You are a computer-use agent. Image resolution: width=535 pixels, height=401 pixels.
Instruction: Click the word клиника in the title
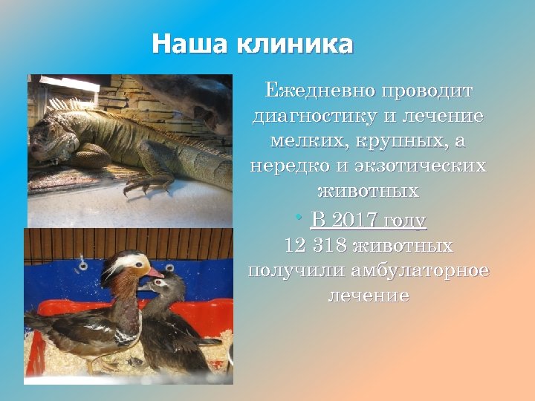click(294, 44)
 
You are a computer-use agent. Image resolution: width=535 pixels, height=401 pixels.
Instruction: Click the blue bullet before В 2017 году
click(298, 218)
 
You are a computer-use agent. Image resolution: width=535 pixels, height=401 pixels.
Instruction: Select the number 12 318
click(316, 246)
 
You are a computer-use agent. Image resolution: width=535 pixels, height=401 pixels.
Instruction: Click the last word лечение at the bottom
click(368, 296)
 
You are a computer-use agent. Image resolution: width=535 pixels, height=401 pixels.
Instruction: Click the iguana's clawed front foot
click(141, 183)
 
